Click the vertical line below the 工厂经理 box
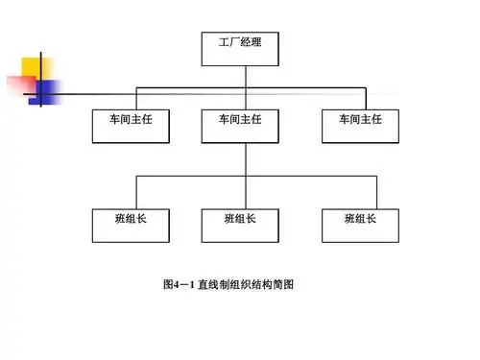[246, 76]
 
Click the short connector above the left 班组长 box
[136, 192]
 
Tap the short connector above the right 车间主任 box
[366, 98]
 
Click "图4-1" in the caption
[179, 285]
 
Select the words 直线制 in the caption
[213, 285]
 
